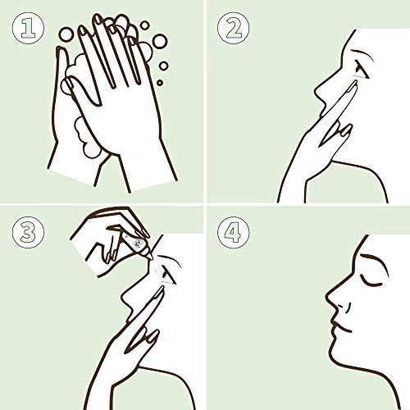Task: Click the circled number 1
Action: (x=28, y=28)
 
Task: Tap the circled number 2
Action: (x=234, y=28)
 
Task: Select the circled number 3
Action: (x=28, y=232)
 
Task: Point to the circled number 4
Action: (x=234, y=232)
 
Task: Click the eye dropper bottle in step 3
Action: (x=137, y=244)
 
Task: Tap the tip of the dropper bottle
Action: (x=152, y=258)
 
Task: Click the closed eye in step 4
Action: (x=371, y=281)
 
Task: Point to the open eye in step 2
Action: (x=362, y=70)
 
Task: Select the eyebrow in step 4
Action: (x=374, y=261)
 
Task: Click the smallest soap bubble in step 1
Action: (x=160, y=82)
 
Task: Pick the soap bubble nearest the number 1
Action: (x=66, y=34)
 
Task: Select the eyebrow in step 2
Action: (x=362, y=54)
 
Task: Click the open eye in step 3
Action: (x=168, y=274)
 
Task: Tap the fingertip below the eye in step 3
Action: (x=162, y=289)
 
